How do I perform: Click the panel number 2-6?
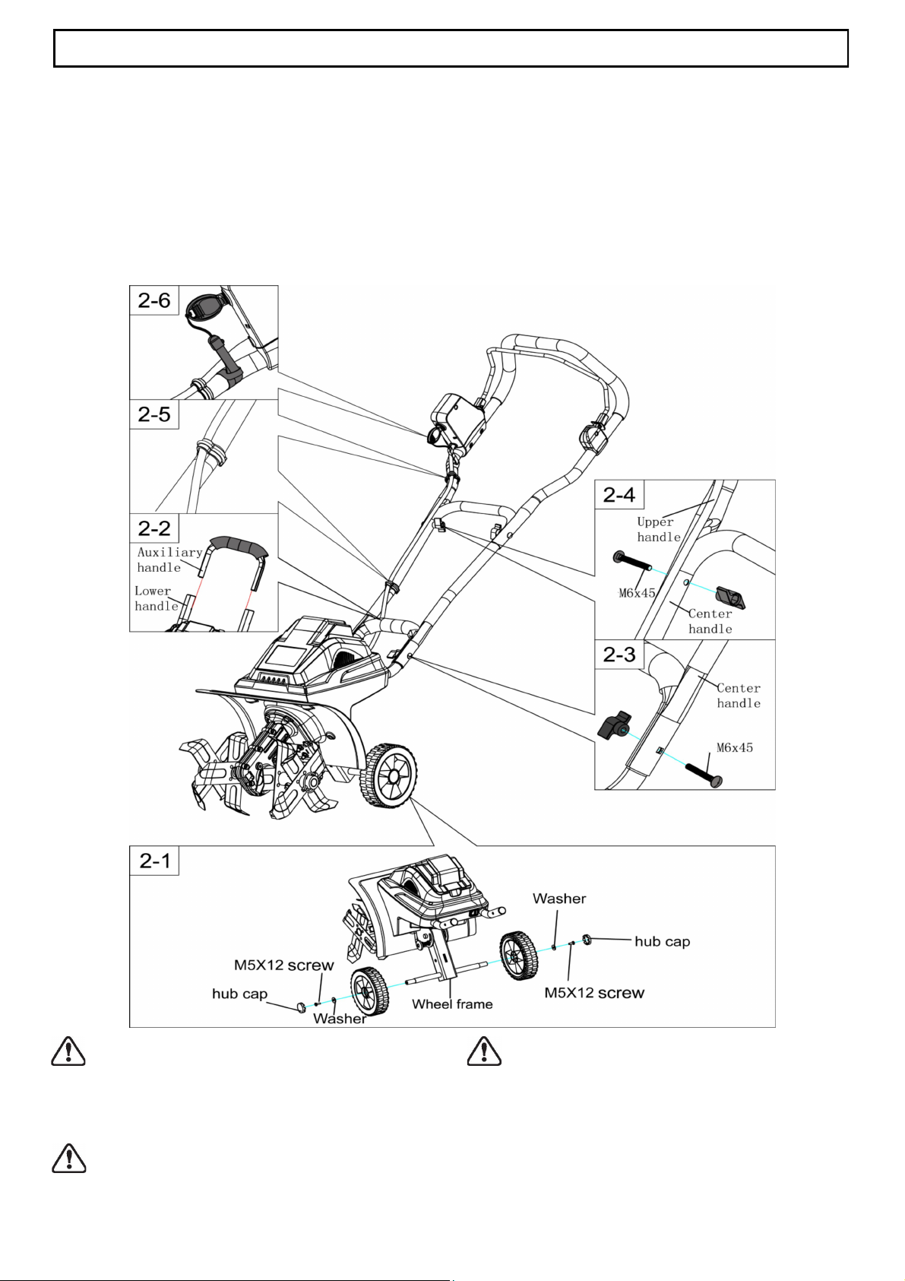tap(153, 300)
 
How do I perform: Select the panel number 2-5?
tap(153, 414)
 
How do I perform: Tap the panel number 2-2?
tap(153, 528)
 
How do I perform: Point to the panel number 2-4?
tap(619, 495)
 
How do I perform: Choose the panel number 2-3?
tap(619, 655)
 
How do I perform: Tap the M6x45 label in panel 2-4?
tap(637, 593)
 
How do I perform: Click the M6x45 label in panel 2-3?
tap(735, 747)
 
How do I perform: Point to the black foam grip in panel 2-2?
tap(239, 546)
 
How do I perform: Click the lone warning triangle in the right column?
tap(484, 1051)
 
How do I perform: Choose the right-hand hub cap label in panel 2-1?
tap(662, 941)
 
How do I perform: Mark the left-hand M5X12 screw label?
tap(283, 966)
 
